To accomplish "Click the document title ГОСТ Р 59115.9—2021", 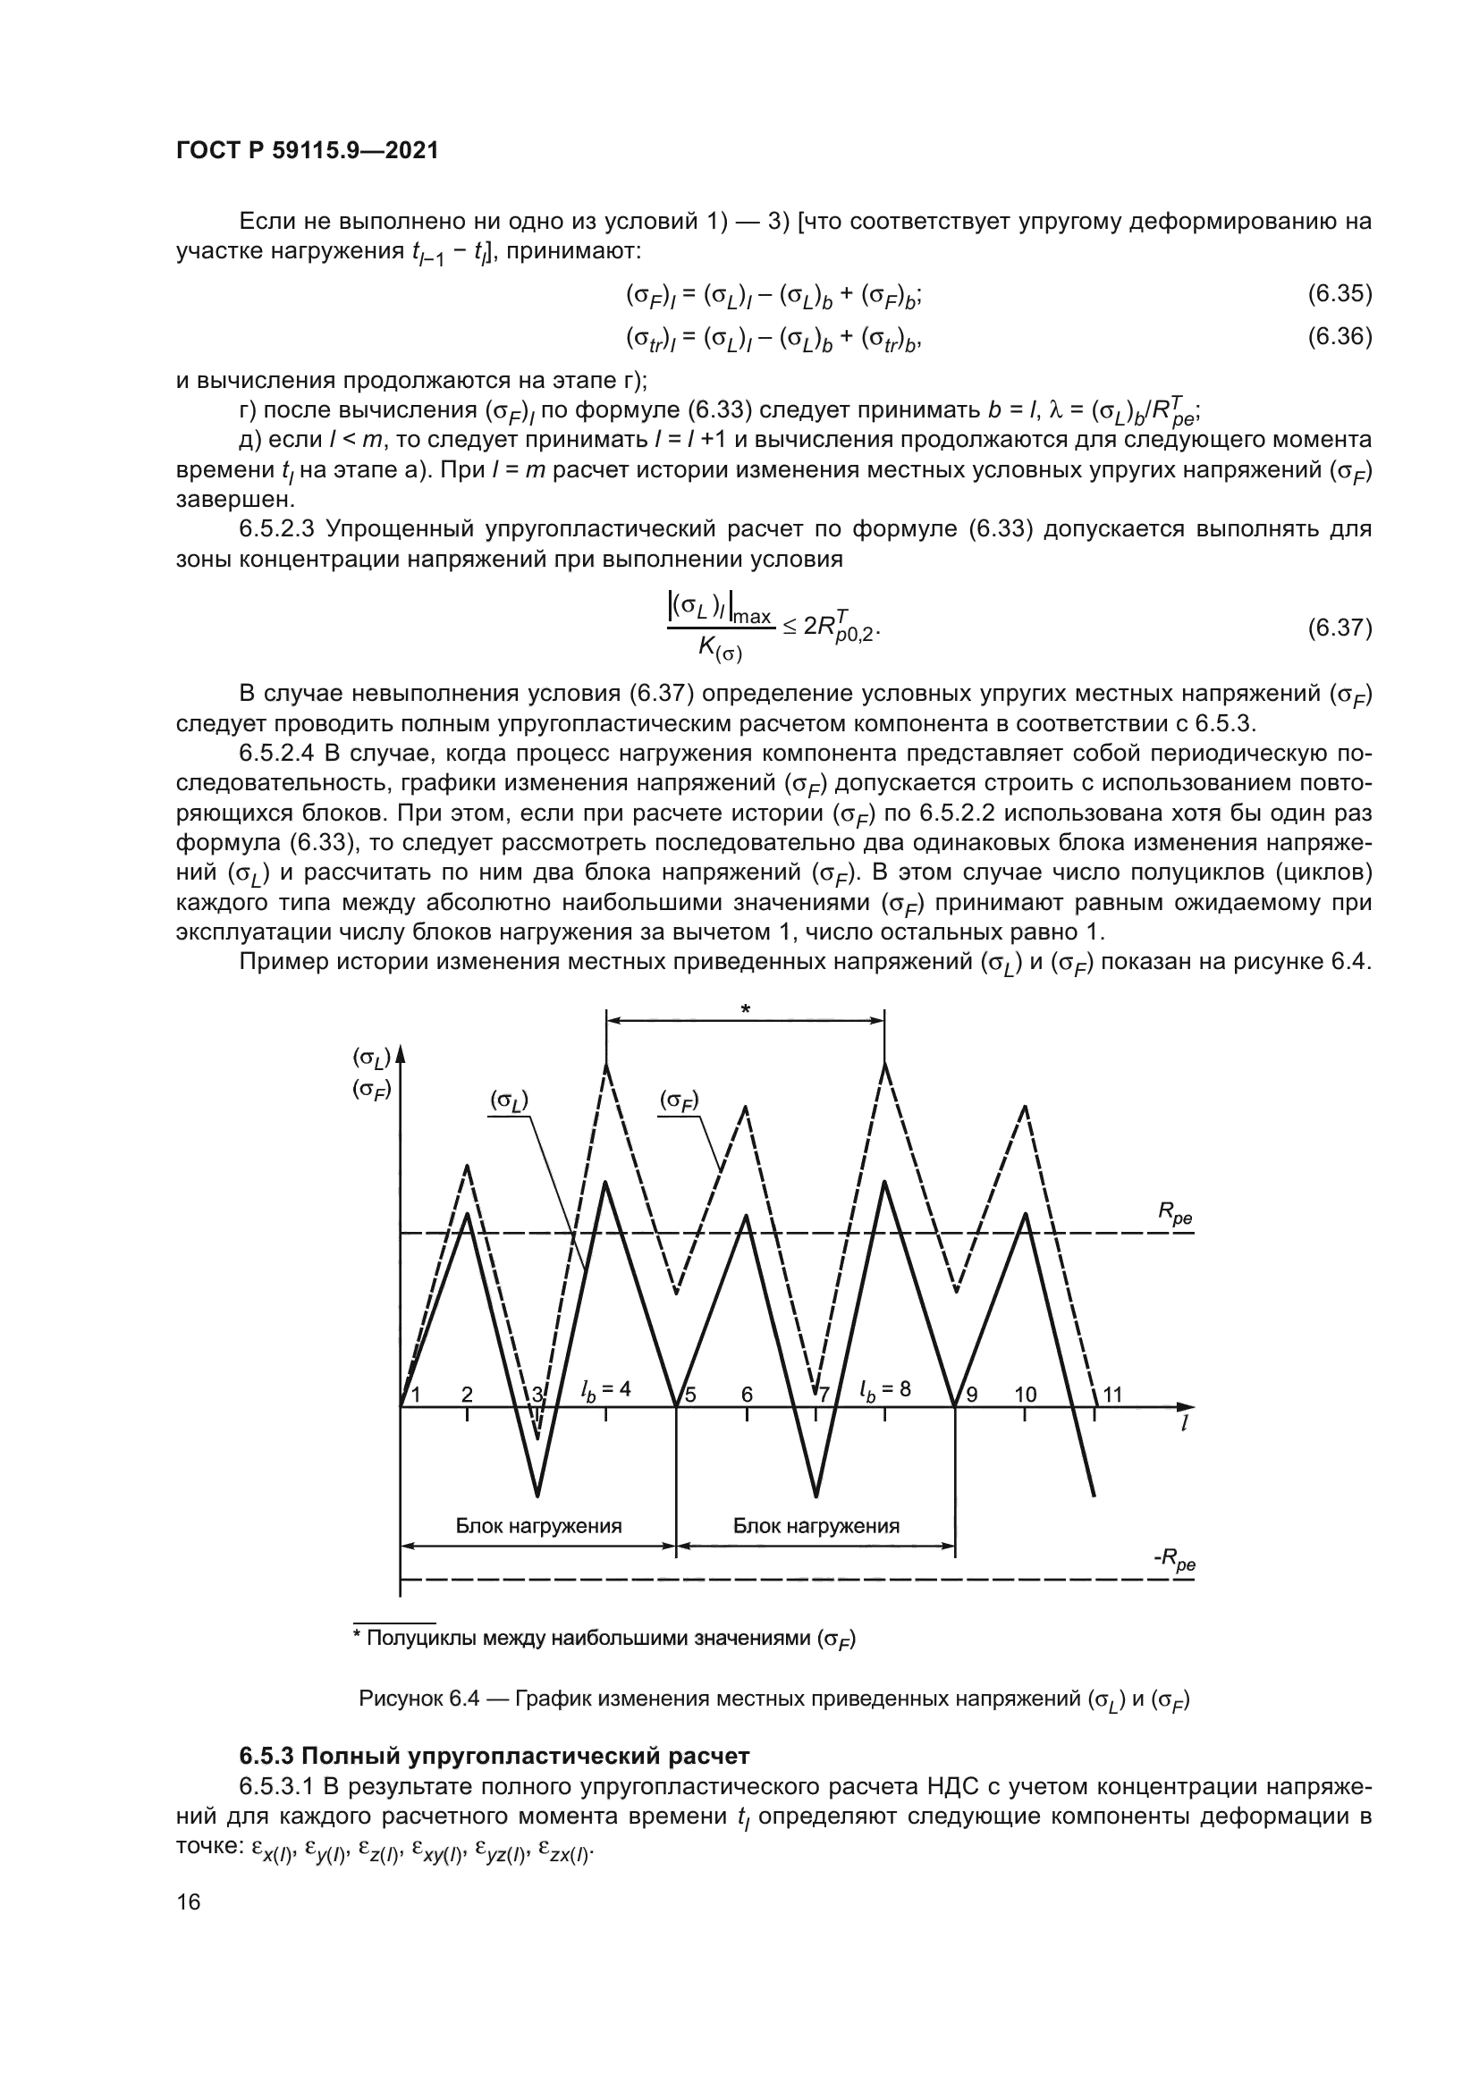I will point(307,150).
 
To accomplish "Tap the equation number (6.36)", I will point(1340,337).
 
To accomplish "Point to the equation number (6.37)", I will point(1340,628).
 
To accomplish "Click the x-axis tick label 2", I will point(467,1395).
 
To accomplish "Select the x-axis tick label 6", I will point(747,1395).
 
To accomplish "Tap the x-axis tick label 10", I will point(1026,1395).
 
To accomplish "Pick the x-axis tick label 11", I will point(1113,1395).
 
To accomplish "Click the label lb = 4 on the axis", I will point(605,1390).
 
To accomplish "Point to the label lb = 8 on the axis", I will point(885,1390).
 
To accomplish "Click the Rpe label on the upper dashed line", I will point(1175,1213).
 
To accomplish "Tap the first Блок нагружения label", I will point(538,1526).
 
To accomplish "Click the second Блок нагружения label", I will point(816,1526).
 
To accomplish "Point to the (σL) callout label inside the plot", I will point(509,1101).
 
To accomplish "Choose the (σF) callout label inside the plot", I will point(680,1101).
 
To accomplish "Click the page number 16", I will point(189,1902).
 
